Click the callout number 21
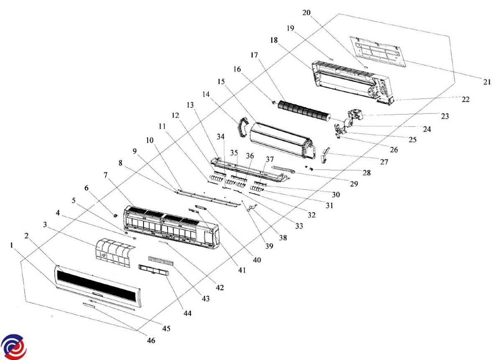click(487, 82)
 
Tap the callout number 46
click(151, 340)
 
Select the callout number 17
click(254, 55)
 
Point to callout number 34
click(220, 136)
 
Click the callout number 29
click(354, 184)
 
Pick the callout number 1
click(12, 245)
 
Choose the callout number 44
click(187, 313)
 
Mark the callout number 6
click(87, 188)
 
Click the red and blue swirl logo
click(13, 347)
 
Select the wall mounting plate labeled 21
click(377, 51)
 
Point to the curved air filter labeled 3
click(115, 252)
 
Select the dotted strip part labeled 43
click(161, 261)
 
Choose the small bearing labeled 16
click(274, 103)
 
